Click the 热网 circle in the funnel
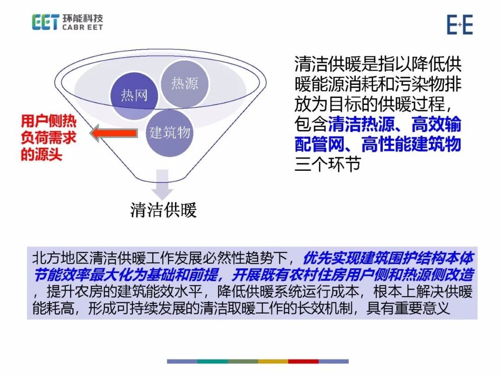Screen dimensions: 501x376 click(134, 95)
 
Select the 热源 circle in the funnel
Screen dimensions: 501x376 click(185, 84)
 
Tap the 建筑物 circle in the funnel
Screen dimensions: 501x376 click(170, 133)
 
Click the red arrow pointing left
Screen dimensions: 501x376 click(114, 133)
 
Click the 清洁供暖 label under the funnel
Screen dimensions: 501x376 click(163, 210)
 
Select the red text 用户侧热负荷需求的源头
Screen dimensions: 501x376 click(49, 138)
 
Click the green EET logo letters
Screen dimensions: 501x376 click(45, 22)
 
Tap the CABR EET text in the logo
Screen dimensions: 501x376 click(83, 27)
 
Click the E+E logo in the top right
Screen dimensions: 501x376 click(460, 25)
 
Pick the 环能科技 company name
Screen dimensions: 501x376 click(83, 18)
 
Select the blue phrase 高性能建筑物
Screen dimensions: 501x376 click(411, 144)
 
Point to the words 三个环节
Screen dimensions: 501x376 click(328, 164)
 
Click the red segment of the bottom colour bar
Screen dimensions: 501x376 click(303, 361)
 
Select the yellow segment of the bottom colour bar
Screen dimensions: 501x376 click(273, 361)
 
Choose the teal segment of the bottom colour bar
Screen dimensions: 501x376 click(212, 361)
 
